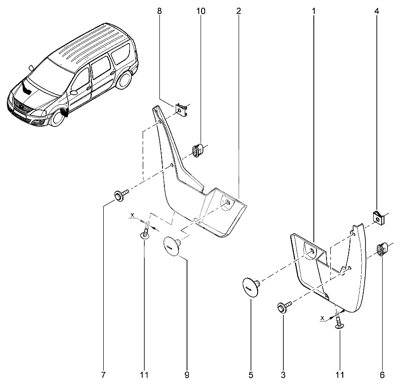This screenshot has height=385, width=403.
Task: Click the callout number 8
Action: (x=159, y=11)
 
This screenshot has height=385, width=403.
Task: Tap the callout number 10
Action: (x=201, y=11)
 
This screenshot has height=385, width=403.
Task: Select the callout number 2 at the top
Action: (x=238, y=11)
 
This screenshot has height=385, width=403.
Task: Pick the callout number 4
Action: (x=377, y=11)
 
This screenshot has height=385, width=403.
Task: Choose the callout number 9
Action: (x=187, y=375)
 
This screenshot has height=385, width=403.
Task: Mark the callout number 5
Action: (x=251, y=375)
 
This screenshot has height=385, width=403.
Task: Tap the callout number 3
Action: (x=283, y=375)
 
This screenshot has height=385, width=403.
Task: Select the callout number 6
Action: (x=382, y=375)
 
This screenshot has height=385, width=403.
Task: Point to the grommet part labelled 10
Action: (x=197, y=150)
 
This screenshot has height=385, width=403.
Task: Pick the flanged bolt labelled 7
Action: (x=120, y=195)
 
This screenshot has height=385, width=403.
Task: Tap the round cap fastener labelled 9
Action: (x=170, y=246)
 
